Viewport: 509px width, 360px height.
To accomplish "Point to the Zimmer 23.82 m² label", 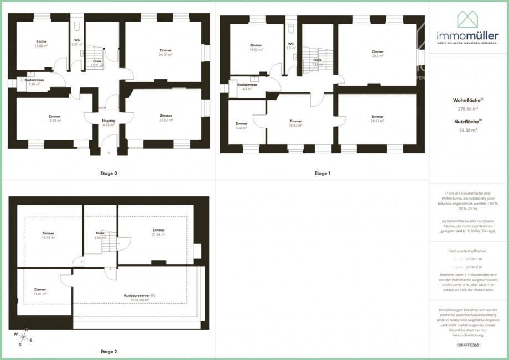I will click(166, 118).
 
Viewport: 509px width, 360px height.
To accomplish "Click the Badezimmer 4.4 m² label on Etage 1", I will click(247, 87).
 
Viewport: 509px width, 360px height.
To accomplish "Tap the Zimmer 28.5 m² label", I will click(378, 54).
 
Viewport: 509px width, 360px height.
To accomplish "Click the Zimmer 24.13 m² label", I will click(377, 119).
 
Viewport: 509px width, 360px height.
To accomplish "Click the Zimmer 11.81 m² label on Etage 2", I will click(40, 291).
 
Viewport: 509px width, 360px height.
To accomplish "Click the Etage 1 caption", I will click(322, 173).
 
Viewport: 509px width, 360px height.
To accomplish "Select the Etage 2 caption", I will click(108, 351).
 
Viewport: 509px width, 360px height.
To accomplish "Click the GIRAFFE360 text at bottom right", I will click(468, 345).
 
